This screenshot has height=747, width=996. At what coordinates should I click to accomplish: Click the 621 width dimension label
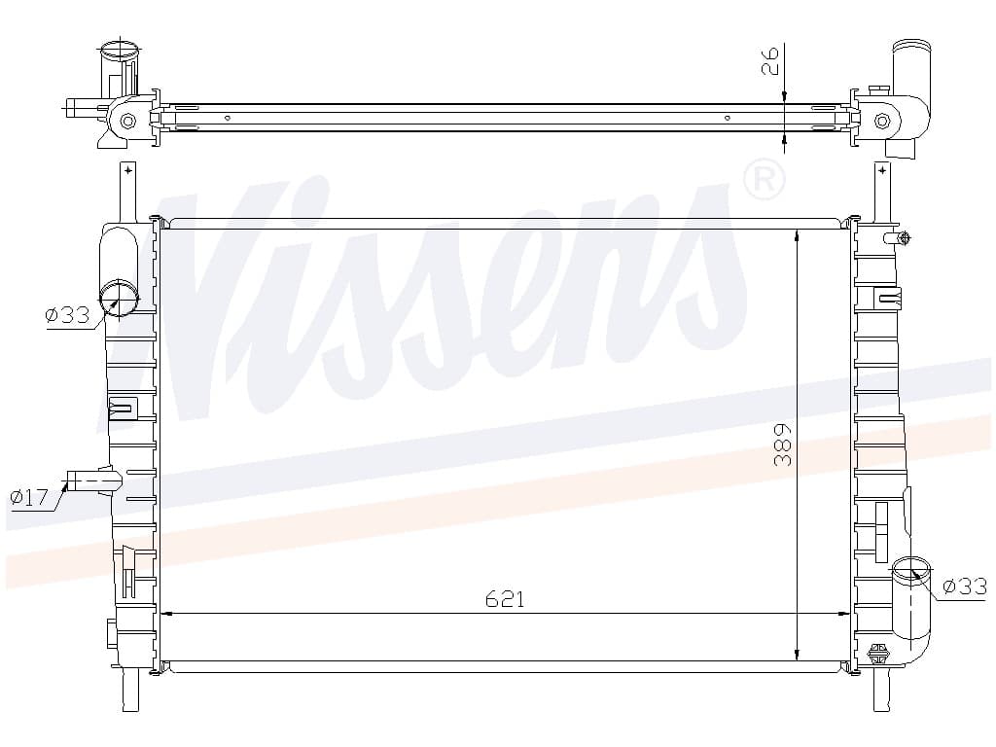click(505, 599)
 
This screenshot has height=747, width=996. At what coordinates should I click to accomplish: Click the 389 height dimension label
click(783, 445)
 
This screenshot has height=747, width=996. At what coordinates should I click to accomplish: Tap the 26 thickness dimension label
click(770, 60)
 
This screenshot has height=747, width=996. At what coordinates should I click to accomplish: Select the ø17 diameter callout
click(29, 497)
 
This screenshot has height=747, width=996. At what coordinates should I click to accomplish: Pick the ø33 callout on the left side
click(67, 314)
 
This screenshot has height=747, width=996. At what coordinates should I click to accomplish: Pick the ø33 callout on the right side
click(965, 586)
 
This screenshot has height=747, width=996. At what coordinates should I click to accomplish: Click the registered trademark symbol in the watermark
click(765, 180)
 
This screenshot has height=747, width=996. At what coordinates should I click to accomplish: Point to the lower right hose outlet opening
click(910, 567)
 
